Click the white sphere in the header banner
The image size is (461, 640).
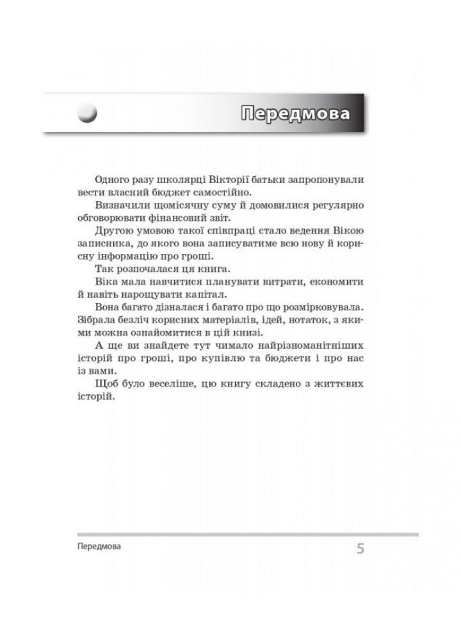coord(87,114)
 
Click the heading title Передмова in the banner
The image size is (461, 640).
coord(296,114)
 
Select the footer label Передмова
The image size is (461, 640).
coord(98,548)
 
